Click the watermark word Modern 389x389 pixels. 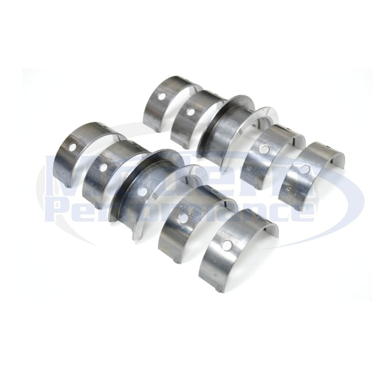[194, 173]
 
